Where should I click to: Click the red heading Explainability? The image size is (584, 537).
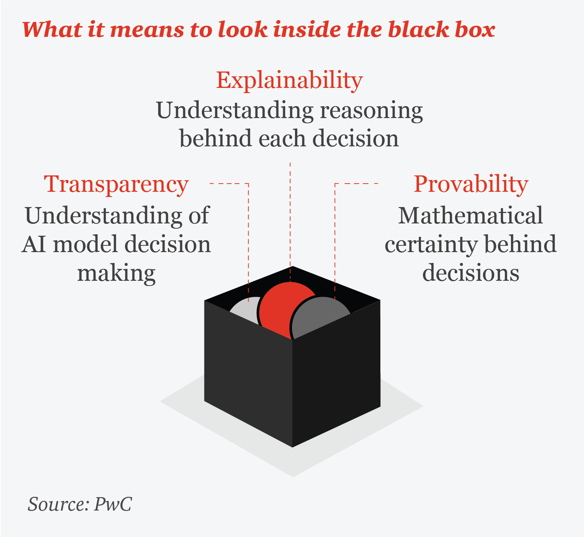(289, 80)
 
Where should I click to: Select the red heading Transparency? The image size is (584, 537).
(116, 184)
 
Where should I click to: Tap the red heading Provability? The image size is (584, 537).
(471, 184)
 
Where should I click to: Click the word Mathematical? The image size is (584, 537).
(471, 216)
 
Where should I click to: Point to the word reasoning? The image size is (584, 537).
(371, 111)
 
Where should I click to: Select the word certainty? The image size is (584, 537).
(431, 245)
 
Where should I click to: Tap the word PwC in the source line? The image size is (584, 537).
(113, 504)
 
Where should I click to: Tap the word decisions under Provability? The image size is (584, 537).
(471, 273)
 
